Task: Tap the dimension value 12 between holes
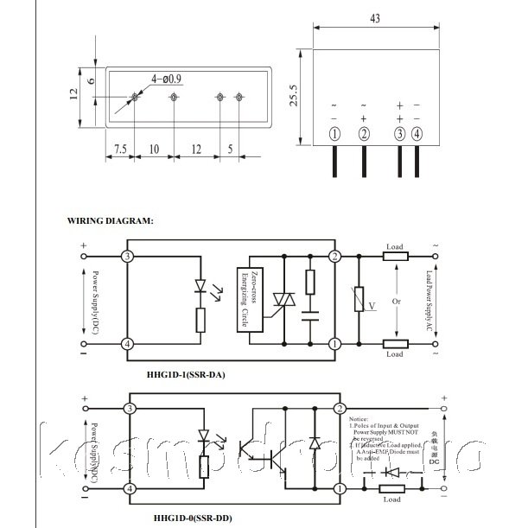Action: click(196, 148)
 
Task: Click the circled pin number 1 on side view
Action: click(335, 133)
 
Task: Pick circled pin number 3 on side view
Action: click(399, 133)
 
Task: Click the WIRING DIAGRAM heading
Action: click(110, 221)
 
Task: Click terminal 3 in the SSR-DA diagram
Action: click(127, 257)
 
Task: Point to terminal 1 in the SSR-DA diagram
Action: click(335, 344)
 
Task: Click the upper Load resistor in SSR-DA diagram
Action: click(394, 257)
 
